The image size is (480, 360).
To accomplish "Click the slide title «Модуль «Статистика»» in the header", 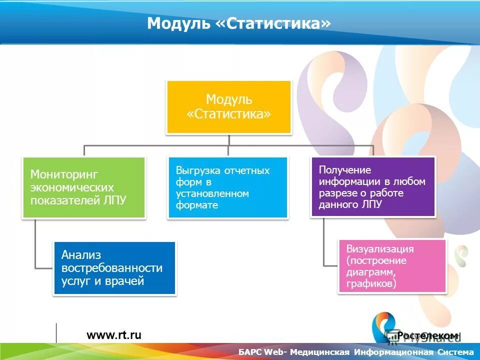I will (x=239, y=23).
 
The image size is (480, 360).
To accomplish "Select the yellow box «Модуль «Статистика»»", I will (x=228, y=107).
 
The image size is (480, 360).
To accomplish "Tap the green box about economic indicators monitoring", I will (x=83, y=187).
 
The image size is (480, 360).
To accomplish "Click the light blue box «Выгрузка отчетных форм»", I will (x=228, y=187).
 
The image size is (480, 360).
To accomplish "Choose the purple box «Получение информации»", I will (x=372, y=186).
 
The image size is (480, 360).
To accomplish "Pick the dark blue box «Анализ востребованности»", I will (x=114, y=268).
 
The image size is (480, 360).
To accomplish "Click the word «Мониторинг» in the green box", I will (x=64, y=174).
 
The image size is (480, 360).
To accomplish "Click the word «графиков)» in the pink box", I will (x=371, y=283).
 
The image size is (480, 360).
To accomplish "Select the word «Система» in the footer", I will (x=455, y=352).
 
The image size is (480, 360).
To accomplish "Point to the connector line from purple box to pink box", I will (x=324, y=245).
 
